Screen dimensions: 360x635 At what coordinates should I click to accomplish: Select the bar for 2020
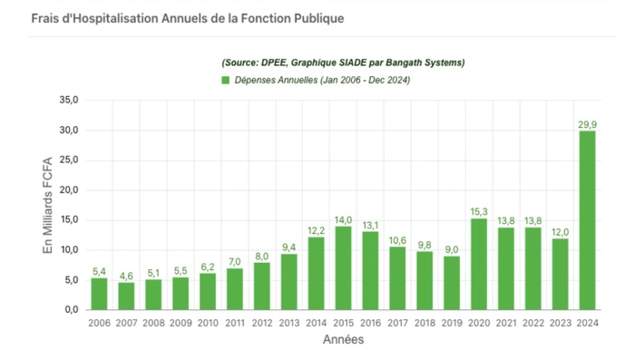479,264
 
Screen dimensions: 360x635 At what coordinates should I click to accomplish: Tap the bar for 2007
126,296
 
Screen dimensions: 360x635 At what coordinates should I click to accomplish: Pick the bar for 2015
344,268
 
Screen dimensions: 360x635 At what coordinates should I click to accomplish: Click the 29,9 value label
587,123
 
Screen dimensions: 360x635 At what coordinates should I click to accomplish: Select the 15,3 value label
479,210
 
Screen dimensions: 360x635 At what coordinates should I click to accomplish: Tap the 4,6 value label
126,275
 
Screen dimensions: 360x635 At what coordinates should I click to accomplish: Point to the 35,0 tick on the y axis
68,100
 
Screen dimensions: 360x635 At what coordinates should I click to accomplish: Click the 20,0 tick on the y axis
68,190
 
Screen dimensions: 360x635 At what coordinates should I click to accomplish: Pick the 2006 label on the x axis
99,321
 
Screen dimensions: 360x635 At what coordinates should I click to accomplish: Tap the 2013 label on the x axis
289,321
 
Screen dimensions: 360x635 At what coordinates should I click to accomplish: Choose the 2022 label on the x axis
533,321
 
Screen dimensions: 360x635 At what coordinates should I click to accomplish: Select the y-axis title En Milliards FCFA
49,205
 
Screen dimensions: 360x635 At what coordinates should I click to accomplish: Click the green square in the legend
226,81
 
